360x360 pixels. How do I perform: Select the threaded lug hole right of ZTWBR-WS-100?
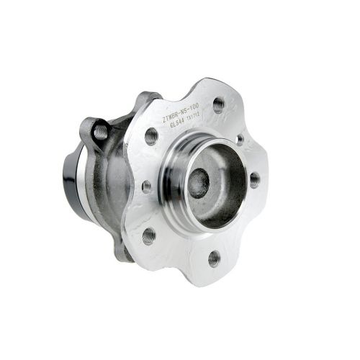[x=218, y=106]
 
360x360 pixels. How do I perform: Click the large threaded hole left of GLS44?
[x=151, y=135]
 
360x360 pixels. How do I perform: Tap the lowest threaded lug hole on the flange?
[x=214, y=257]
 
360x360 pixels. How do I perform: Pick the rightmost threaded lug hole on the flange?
[x=255, y=180]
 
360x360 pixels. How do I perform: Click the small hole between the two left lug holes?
[x=147, y=186]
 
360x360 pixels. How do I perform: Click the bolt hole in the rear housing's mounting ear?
[x=100, y=131]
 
